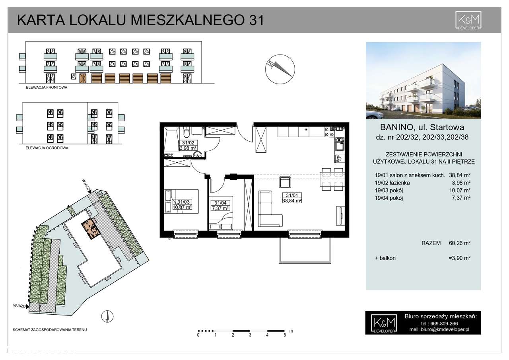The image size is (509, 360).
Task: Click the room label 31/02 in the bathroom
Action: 185,143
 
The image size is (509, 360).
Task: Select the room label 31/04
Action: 220,202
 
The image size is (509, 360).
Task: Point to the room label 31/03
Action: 183,202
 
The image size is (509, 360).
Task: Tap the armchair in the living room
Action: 285,183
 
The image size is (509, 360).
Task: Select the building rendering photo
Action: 423,80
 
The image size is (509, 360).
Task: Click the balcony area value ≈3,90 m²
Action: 459,258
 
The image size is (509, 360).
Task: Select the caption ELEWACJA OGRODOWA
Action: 45,148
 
